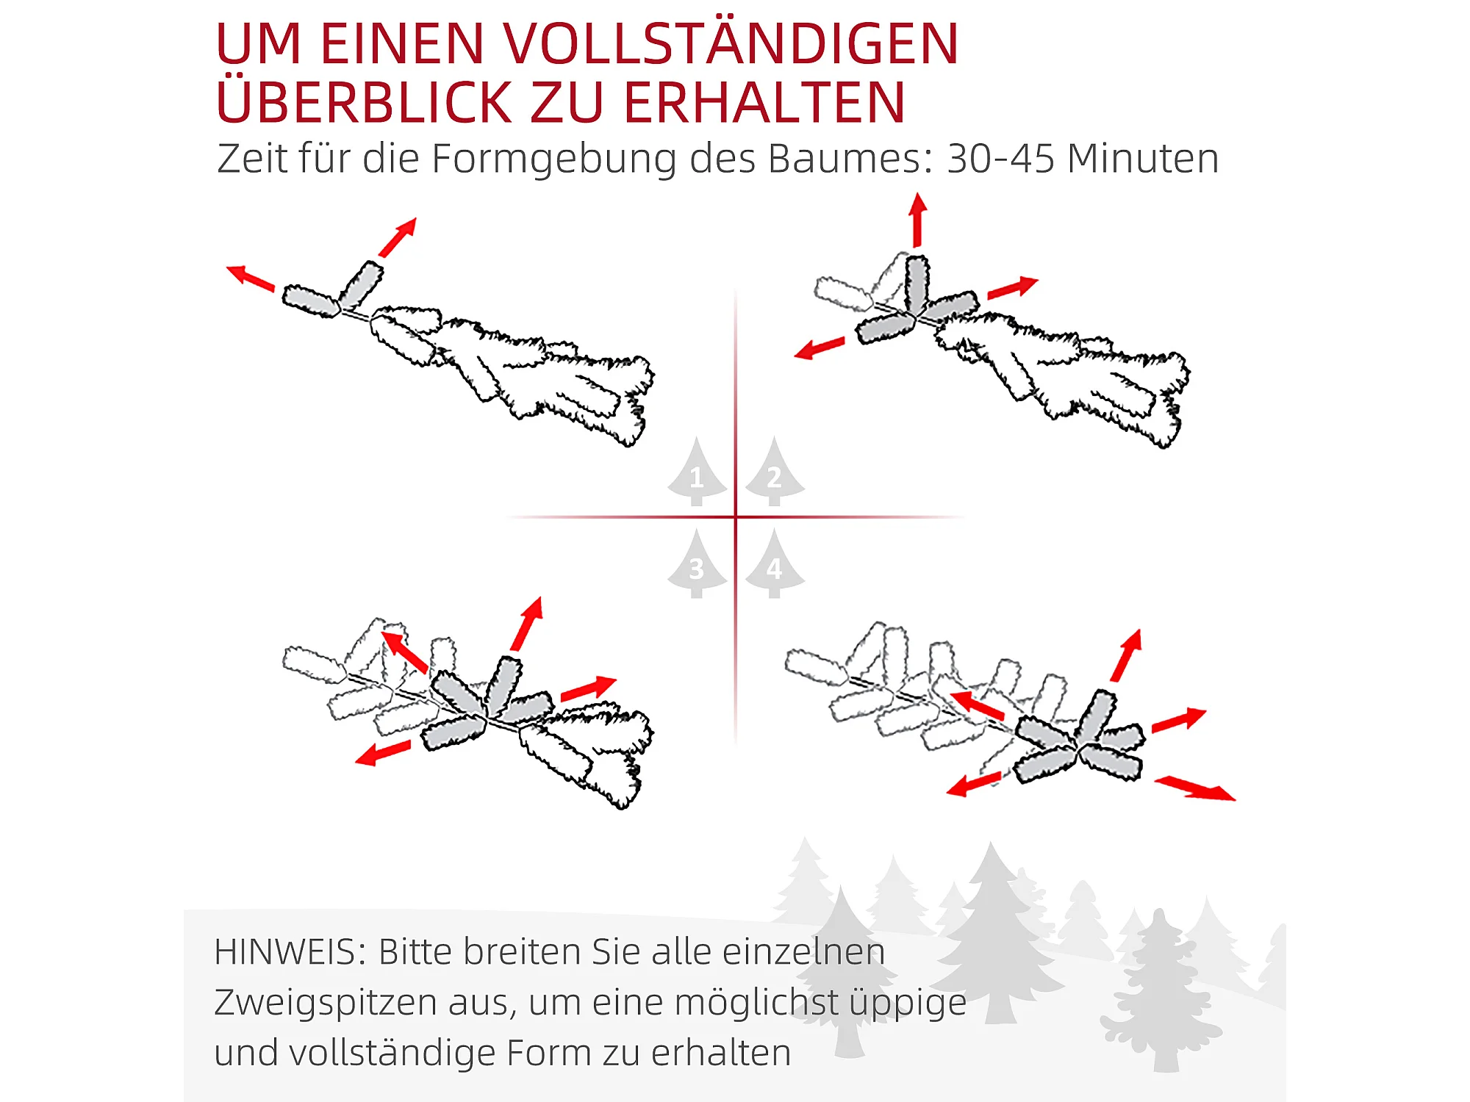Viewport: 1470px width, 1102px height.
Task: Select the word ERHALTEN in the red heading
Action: (764, 102)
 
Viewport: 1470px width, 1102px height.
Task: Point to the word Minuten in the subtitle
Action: (1144, 158)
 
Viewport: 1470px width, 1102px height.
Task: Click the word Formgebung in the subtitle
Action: (553, 159)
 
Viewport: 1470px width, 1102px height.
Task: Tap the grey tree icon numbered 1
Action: (697, 471)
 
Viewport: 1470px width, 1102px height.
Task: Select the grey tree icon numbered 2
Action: (775, 471)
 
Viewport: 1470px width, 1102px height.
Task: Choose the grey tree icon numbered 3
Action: (697, 563)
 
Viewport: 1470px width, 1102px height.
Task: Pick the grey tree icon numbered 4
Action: (775, 563)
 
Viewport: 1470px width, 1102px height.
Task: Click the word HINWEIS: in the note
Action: (290, 952)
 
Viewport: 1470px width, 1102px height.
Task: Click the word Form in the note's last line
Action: (549, 1052)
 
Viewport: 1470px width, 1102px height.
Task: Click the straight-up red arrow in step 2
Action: (917, 220)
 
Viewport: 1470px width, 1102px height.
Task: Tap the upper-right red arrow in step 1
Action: (398, 237)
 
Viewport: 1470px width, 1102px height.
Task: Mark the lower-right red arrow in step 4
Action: (1195, 788)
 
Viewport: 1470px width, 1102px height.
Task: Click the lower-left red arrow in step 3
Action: (383, 752)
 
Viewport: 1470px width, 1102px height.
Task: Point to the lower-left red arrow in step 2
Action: (820, 347)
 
